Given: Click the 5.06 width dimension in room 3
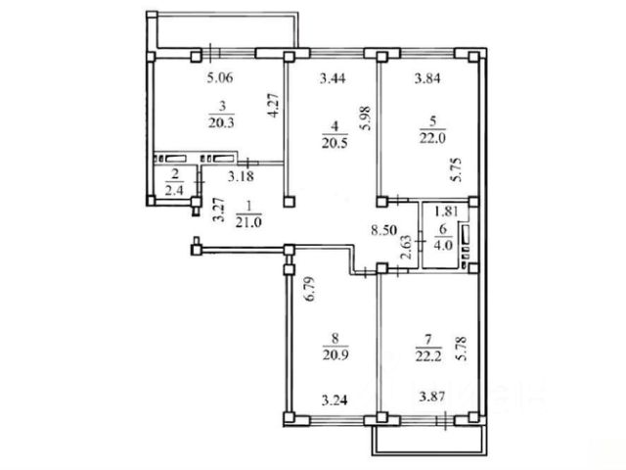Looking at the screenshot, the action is point(220,77).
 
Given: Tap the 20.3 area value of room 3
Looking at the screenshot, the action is point(221,122).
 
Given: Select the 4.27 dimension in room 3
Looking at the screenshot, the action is point(273,105).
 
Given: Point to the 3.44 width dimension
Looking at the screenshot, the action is point(333,78).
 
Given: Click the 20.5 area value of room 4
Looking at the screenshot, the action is point(335,143).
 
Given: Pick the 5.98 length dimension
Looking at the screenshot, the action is point(365,117).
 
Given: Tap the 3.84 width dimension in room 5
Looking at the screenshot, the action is point(427,78).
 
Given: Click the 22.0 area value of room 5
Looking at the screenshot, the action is point(432,138).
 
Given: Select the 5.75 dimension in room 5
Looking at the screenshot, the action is point(456,169).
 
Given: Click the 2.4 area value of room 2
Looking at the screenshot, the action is point(174,190).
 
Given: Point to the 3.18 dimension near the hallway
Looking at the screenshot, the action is point(241,176).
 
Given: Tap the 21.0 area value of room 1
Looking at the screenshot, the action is point(248,222).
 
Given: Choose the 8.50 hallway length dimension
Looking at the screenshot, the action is point(383,230).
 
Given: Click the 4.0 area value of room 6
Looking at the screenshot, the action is point(443,245).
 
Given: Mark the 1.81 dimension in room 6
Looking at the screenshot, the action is point(446,211).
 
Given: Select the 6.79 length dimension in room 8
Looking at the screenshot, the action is point(310,289).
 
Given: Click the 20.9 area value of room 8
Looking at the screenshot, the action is point(335,354).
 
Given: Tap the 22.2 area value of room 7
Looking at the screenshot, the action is point(428,355).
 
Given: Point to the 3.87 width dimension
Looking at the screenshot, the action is point(432,397).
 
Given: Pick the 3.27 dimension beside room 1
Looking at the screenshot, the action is point(218,210).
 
